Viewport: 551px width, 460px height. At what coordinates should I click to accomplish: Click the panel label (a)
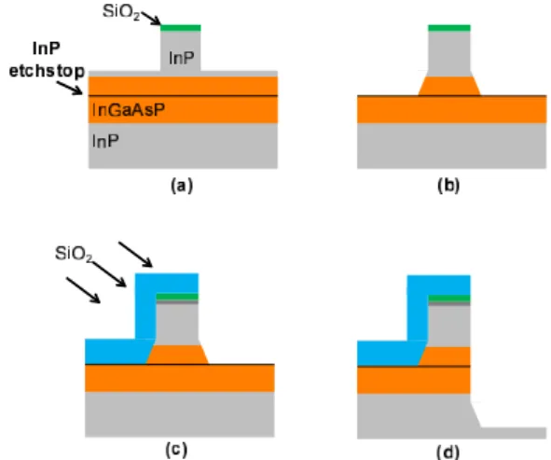coord(182,186)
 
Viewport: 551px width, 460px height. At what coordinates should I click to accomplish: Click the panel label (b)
coord(448,186)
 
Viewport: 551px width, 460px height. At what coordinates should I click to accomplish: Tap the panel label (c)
coord(176,450)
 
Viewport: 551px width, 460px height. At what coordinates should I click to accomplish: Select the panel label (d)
coord(448,452)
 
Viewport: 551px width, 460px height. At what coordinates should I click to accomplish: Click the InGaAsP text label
coord(129,110)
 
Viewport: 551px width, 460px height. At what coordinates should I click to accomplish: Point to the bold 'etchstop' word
coord(47,72)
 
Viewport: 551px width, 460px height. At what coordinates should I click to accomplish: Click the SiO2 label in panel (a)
coord(121,12)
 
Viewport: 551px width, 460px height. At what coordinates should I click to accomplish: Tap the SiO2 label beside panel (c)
coord(74,254)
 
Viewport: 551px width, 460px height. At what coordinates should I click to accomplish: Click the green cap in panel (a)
coord(181,28)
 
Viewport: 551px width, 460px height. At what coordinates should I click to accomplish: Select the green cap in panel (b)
coord(449,28)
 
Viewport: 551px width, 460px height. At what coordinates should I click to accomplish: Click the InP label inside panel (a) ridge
coord(181,58)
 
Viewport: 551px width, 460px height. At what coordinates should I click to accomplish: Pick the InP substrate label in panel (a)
coord(105,141)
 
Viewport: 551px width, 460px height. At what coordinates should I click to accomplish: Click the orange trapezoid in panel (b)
coord(449,86)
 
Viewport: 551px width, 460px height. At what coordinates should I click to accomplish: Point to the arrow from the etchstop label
coord(70,88)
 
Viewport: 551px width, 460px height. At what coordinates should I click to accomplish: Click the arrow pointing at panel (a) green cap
coord(151,18)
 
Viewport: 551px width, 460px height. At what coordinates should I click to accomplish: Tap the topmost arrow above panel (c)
coord(135,255)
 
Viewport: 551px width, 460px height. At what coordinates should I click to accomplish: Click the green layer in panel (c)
coord(177,297)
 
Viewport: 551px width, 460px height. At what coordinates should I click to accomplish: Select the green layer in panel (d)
coord(449,299)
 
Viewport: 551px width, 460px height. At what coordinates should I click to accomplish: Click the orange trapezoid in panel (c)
coord(177,355)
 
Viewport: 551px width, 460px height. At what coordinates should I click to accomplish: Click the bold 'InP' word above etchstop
coord(46,49)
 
